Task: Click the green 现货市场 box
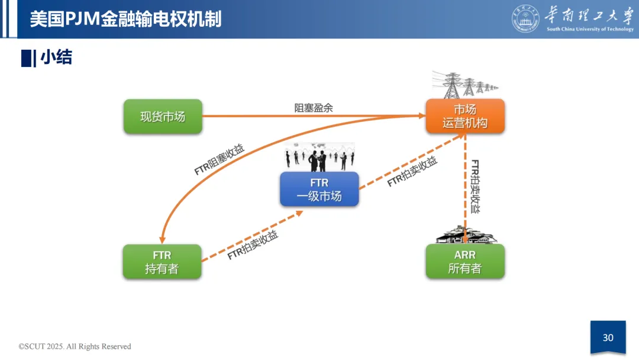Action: click(163, 116)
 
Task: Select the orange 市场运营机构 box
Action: click(465, 116)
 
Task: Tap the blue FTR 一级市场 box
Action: click(319, 189)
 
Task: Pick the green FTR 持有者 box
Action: click(162, 262)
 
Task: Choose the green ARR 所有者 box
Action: click(465, 262)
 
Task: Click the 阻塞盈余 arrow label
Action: click(314, 108)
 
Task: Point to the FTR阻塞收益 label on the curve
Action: click(220, 159)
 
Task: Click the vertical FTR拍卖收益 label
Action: click(476, 187)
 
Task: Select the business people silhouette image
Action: click(319, 156)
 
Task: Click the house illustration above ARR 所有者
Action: click(466, 235)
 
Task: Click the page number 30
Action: click(608, 337)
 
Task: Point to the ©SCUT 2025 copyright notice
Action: click(75, 346)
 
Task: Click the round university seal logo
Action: click(526, 18)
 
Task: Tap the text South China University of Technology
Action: click(590, 29)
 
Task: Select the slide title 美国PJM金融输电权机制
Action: click(125, 19)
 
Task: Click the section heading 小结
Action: click(56, 57)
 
